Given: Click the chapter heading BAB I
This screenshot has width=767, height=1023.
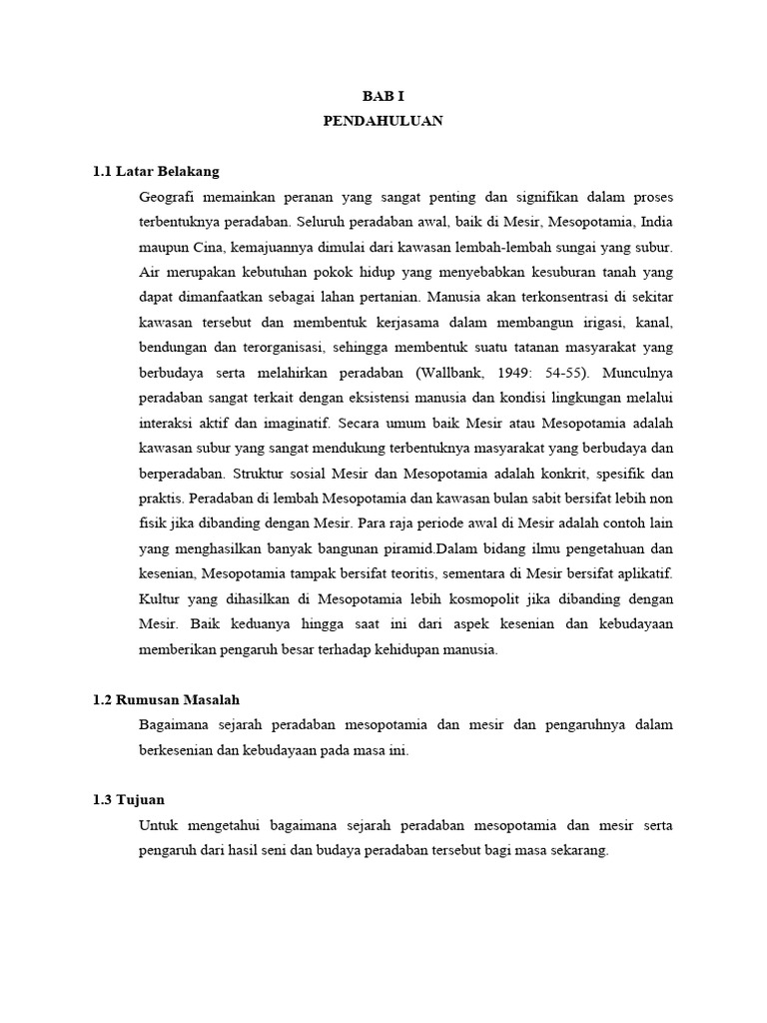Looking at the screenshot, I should click(383, 95).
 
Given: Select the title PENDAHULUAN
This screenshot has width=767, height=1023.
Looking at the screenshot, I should click(383, 121).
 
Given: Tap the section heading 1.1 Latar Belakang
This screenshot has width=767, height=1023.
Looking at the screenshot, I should click(156, 172).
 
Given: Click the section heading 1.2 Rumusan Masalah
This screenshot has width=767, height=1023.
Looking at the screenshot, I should click(166, 700).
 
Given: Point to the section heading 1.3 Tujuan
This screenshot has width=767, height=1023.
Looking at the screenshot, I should click(129, 801).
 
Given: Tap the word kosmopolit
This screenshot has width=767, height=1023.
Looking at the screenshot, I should click(496, 599).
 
